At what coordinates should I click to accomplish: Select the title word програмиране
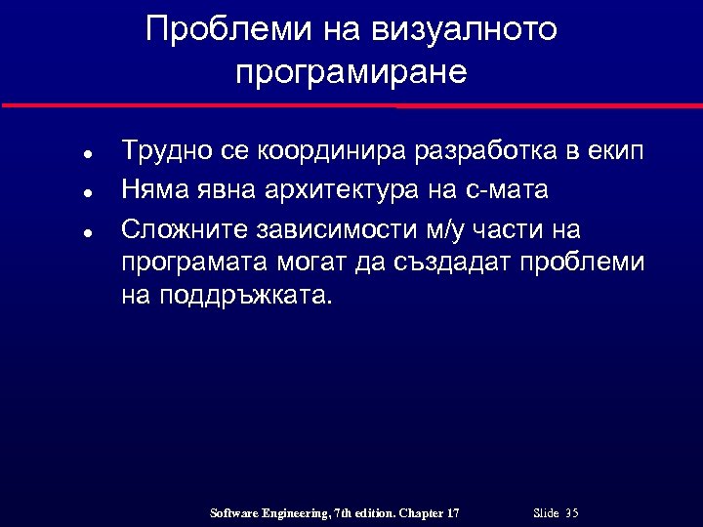coord(351,73)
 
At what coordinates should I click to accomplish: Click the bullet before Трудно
coord(87,155)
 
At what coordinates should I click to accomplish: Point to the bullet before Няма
coord(87,192)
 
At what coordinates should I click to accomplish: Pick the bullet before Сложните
coord(87,233)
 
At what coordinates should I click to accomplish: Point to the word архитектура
coord(341,189)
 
